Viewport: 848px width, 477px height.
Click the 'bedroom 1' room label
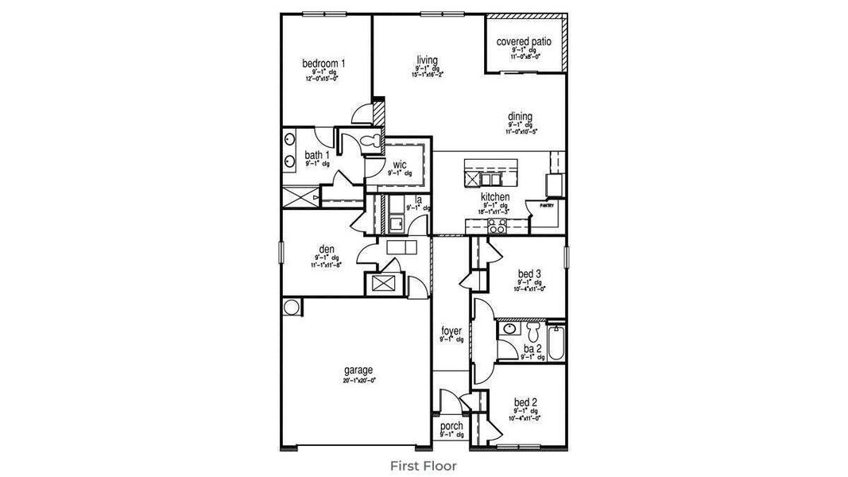pos(323,63)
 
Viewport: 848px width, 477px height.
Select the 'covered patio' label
pos(524,41)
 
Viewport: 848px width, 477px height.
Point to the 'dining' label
pos(520,116)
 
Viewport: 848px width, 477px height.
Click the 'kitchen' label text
pos(494,197)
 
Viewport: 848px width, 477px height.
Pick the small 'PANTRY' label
pos(546,205)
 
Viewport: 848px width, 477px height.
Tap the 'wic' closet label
pos(400,165)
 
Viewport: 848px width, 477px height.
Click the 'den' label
pos(326,250)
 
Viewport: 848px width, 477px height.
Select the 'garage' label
pos(358,370)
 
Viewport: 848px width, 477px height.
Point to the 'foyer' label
pos(451,331)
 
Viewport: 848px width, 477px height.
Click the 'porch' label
pos(451,426)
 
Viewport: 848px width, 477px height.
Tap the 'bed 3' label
pos(529,273)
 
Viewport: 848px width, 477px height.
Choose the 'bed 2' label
pos(526,401)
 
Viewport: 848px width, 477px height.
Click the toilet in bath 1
pos(370,141)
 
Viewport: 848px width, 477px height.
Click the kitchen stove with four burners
pos(497,227)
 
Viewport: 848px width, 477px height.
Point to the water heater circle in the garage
pos(290,306)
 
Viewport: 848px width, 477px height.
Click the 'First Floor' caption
pos(424,465)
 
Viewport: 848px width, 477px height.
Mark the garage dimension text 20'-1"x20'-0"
pos(358,380)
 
